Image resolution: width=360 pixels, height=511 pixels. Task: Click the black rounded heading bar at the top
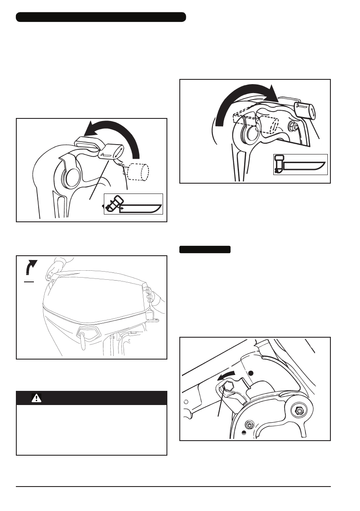[x=101, y=17]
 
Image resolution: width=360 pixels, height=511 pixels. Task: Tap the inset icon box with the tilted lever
[x=133, y=204]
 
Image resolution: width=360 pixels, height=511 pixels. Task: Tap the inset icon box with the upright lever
[x=300, y=164]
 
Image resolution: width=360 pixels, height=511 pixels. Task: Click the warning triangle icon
[x=37, y=398]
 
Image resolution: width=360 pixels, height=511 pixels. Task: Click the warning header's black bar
[x=91, y=398]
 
